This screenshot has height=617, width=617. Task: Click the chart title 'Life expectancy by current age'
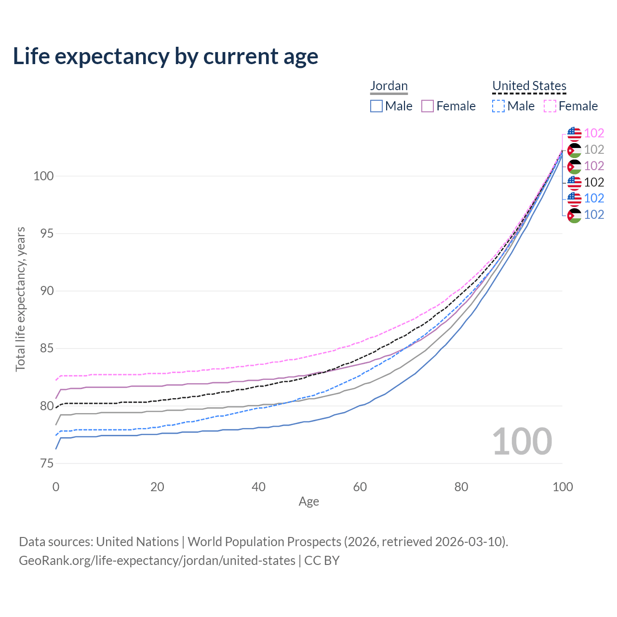click(x=165, y=56)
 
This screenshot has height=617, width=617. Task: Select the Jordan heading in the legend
click(x=389, y=86)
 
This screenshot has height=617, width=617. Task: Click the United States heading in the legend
click(x=529, y=86)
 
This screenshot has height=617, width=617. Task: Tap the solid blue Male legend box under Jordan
click(x=376, y=106)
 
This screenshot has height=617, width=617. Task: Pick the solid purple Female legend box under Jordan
click(x=428, y=106)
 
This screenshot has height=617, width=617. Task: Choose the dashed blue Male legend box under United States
click(x=498, y=106)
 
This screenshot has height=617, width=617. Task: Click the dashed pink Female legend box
click(x=550, y=106)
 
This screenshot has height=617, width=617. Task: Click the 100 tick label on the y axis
click(x=43, y=176)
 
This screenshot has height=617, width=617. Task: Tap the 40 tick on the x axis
click(x=258, y=487)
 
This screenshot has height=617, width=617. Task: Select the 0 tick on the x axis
click(x=56, y=487)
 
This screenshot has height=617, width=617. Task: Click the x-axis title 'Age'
click(x=308, y=502)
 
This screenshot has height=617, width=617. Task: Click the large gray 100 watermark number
click(x=522, y=442)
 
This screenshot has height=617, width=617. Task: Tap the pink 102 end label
click(x=594, y=134)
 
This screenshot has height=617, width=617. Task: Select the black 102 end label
click(x=594, y=182)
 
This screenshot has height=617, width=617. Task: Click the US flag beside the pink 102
click(x=574, y=134)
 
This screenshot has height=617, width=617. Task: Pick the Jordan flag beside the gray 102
click(x=574, y=150)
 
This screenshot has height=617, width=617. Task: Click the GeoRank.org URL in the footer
click(x=157, y=561)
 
